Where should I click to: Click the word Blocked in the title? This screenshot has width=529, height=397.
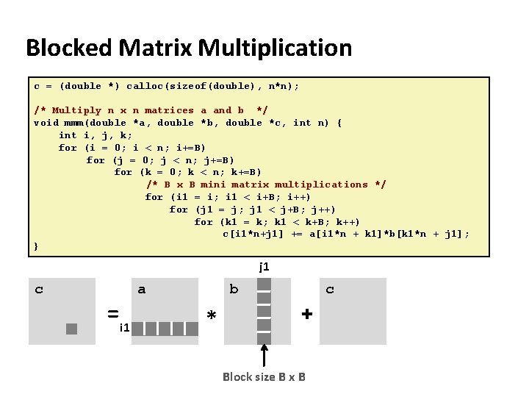68,49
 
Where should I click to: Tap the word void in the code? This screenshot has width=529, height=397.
46,123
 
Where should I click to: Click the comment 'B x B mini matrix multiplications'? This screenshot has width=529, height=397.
266,185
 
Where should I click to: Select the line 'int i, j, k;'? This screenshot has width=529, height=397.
96,135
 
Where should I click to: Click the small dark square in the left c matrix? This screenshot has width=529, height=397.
71,329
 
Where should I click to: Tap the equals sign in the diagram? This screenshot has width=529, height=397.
113,314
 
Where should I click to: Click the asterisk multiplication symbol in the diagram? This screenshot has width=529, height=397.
212,315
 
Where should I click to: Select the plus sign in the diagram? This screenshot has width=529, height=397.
306,314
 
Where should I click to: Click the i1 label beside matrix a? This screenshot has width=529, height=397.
126,327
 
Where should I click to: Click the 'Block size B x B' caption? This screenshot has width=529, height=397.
264,377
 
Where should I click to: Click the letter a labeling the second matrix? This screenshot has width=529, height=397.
142,290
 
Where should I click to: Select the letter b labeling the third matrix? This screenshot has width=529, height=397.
234,290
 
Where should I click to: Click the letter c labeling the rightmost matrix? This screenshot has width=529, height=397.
330,290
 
